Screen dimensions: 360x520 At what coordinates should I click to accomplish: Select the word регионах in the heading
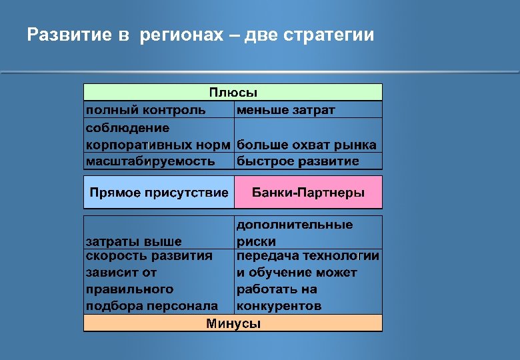point(180,35)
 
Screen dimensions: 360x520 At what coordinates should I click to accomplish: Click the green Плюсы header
point(233,92)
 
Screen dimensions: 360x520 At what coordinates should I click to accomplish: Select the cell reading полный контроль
point(145,109)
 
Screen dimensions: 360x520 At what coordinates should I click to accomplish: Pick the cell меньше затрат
point(286,109)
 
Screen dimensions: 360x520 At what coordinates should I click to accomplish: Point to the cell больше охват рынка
point(307,145)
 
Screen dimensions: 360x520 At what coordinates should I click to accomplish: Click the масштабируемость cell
point(150,161)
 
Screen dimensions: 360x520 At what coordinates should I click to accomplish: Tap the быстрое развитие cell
point(298,161)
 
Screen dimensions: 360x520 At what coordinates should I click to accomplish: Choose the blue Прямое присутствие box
point(159,193)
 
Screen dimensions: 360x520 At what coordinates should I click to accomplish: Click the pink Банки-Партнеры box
point(308,193)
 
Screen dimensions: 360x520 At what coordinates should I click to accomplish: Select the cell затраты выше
point(133,241)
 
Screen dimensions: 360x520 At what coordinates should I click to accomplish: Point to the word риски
point(256,241)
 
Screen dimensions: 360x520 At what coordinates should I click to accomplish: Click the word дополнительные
point(295,225)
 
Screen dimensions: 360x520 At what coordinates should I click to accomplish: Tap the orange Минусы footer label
point(233,324)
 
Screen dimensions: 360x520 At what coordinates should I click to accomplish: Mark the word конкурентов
point(279,306)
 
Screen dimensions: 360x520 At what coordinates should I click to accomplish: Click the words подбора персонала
point(151,306)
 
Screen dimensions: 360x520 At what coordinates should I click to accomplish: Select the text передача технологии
point(308,256)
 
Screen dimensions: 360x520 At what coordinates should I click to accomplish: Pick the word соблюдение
point(127,127)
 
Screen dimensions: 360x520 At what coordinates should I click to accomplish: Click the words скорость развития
point(149,256)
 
